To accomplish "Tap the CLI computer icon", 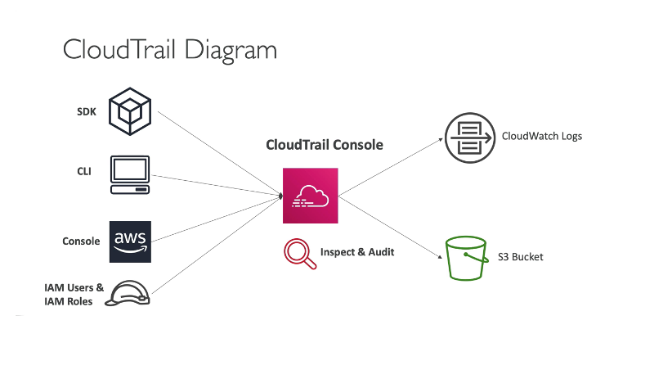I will pyautogui.click(x=130, y=174).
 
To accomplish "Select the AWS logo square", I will pyautogui.click(x=130, y=241).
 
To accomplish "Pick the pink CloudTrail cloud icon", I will pyautogui.click(x=310, y=196).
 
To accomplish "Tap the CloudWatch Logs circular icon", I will pyautogui.click(x=468, y=136).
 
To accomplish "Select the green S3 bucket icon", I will pyautogui.click(x=467, y=258).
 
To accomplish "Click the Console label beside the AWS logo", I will pyautogui.click(x=81, y=241).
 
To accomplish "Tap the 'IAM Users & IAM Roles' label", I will pyautogui.click(x=74, y=294).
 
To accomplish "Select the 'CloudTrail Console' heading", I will pyautogui.click(x=325, y=145).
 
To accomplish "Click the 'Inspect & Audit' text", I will pyautogui.click(x=357, y=252).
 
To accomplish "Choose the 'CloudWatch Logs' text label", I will pyautogui.click(x=541, y=136).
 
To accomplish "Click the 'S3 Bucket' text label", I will pyautogui.click(x=520, y=257).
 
